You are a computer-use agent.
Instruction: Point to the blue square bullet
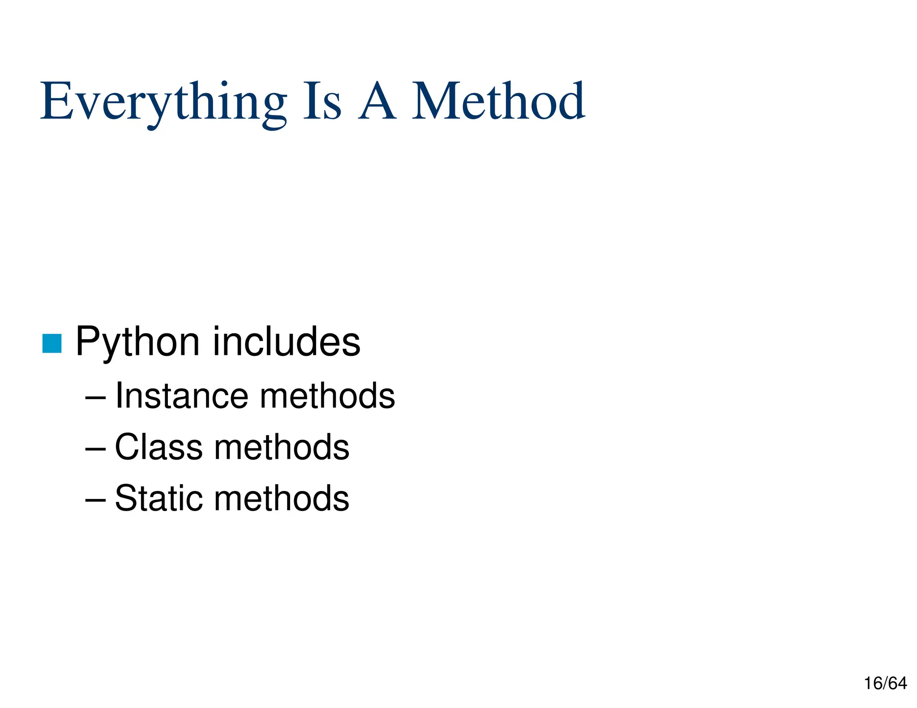tap(52, 343)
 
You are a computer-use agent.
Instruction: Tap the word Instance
tap(181, 396)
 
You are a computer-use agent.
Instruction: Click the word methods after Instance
tap(327, 396)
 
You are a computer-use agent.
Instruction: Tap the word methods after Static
tap(282, 498)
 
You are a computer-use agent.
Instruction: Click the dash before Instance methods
tap(95, 397)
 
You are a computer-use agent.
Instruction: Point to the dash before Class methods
tap(95, 448)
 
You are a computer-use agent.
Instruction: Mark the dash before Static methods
tap(95, 499)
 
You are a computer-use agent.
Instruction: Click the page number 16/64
tap(885, 683)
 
